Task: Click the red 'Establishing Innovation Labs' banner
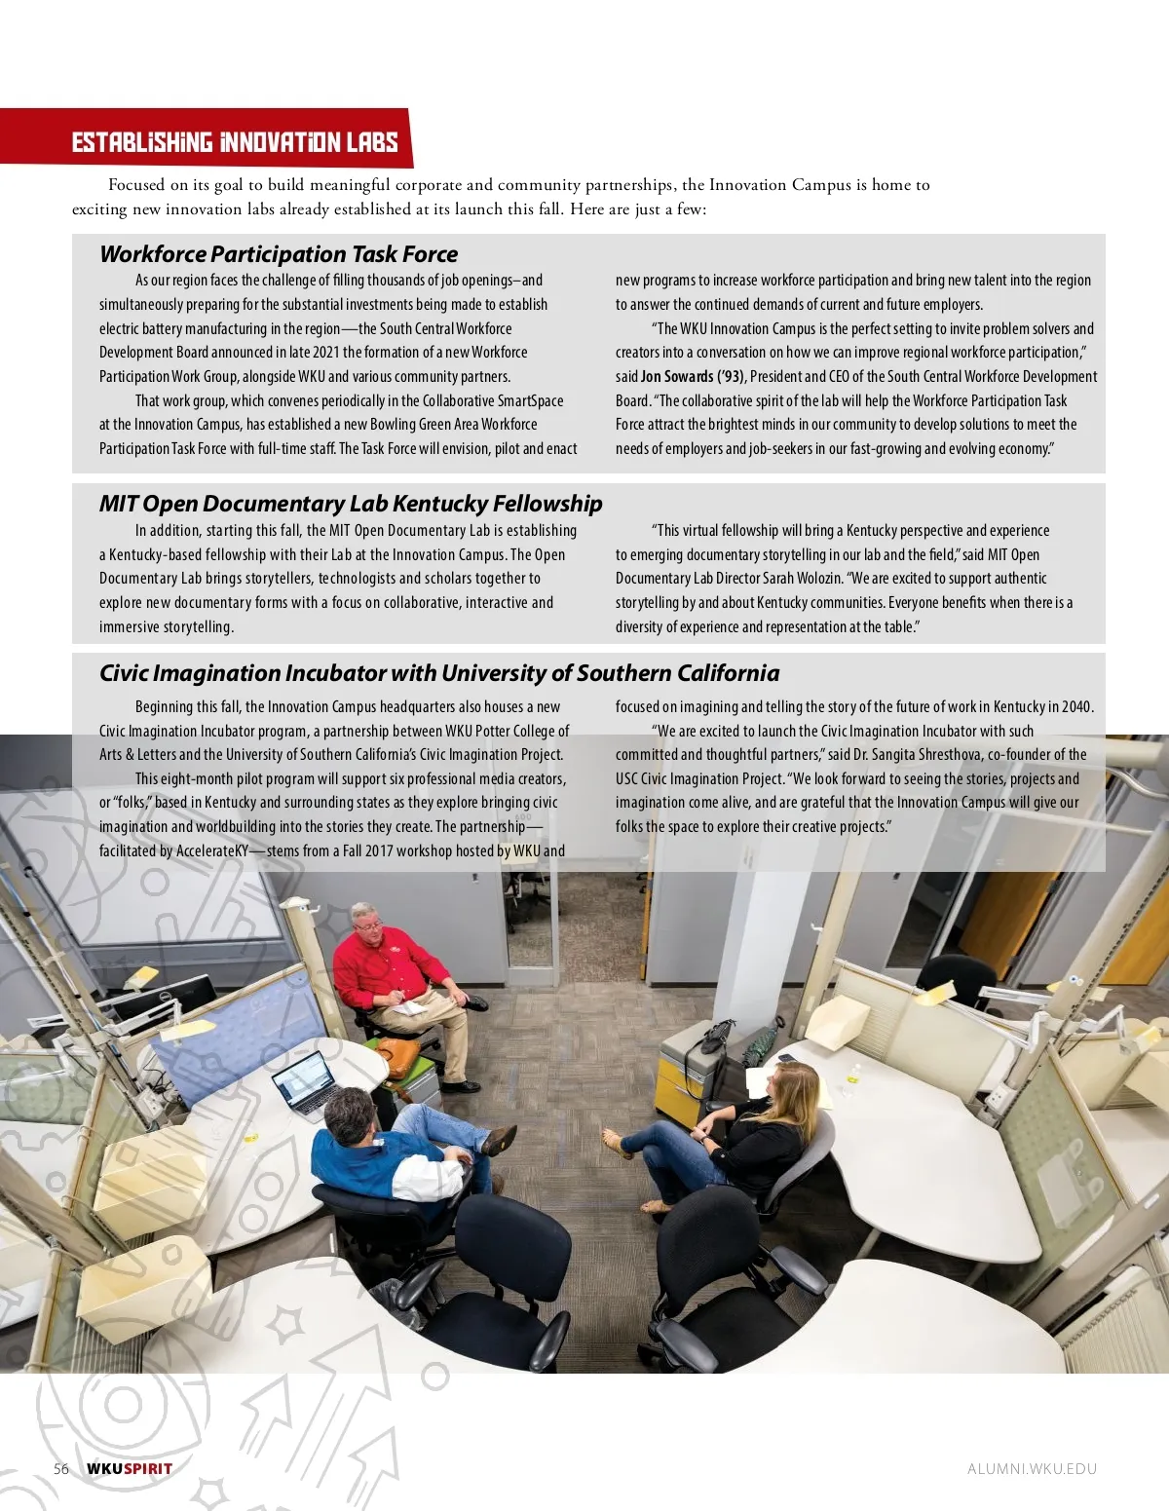(x=234, y=142)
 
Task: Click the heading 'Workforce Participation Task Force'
(x=279, y=254)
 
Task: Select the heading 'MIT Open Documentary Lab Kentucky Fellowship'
(x=351, y=504)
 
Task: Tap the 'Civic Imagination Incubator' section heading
(x=439, y=673)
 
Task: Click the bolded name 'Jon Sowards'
(x=677, y=376)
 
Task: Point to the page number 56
(x=61, y=1469)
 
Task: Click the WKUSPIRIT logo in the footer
(x=130, y=1469)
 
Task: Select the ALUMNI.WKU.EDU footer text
(x=1032, y=1469)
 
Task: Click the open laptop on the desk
(x=304, y=1083)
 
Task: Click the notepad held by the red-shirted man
(x=410, y=1007)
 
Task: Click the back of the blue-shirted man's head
(x=349, y=1113)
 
